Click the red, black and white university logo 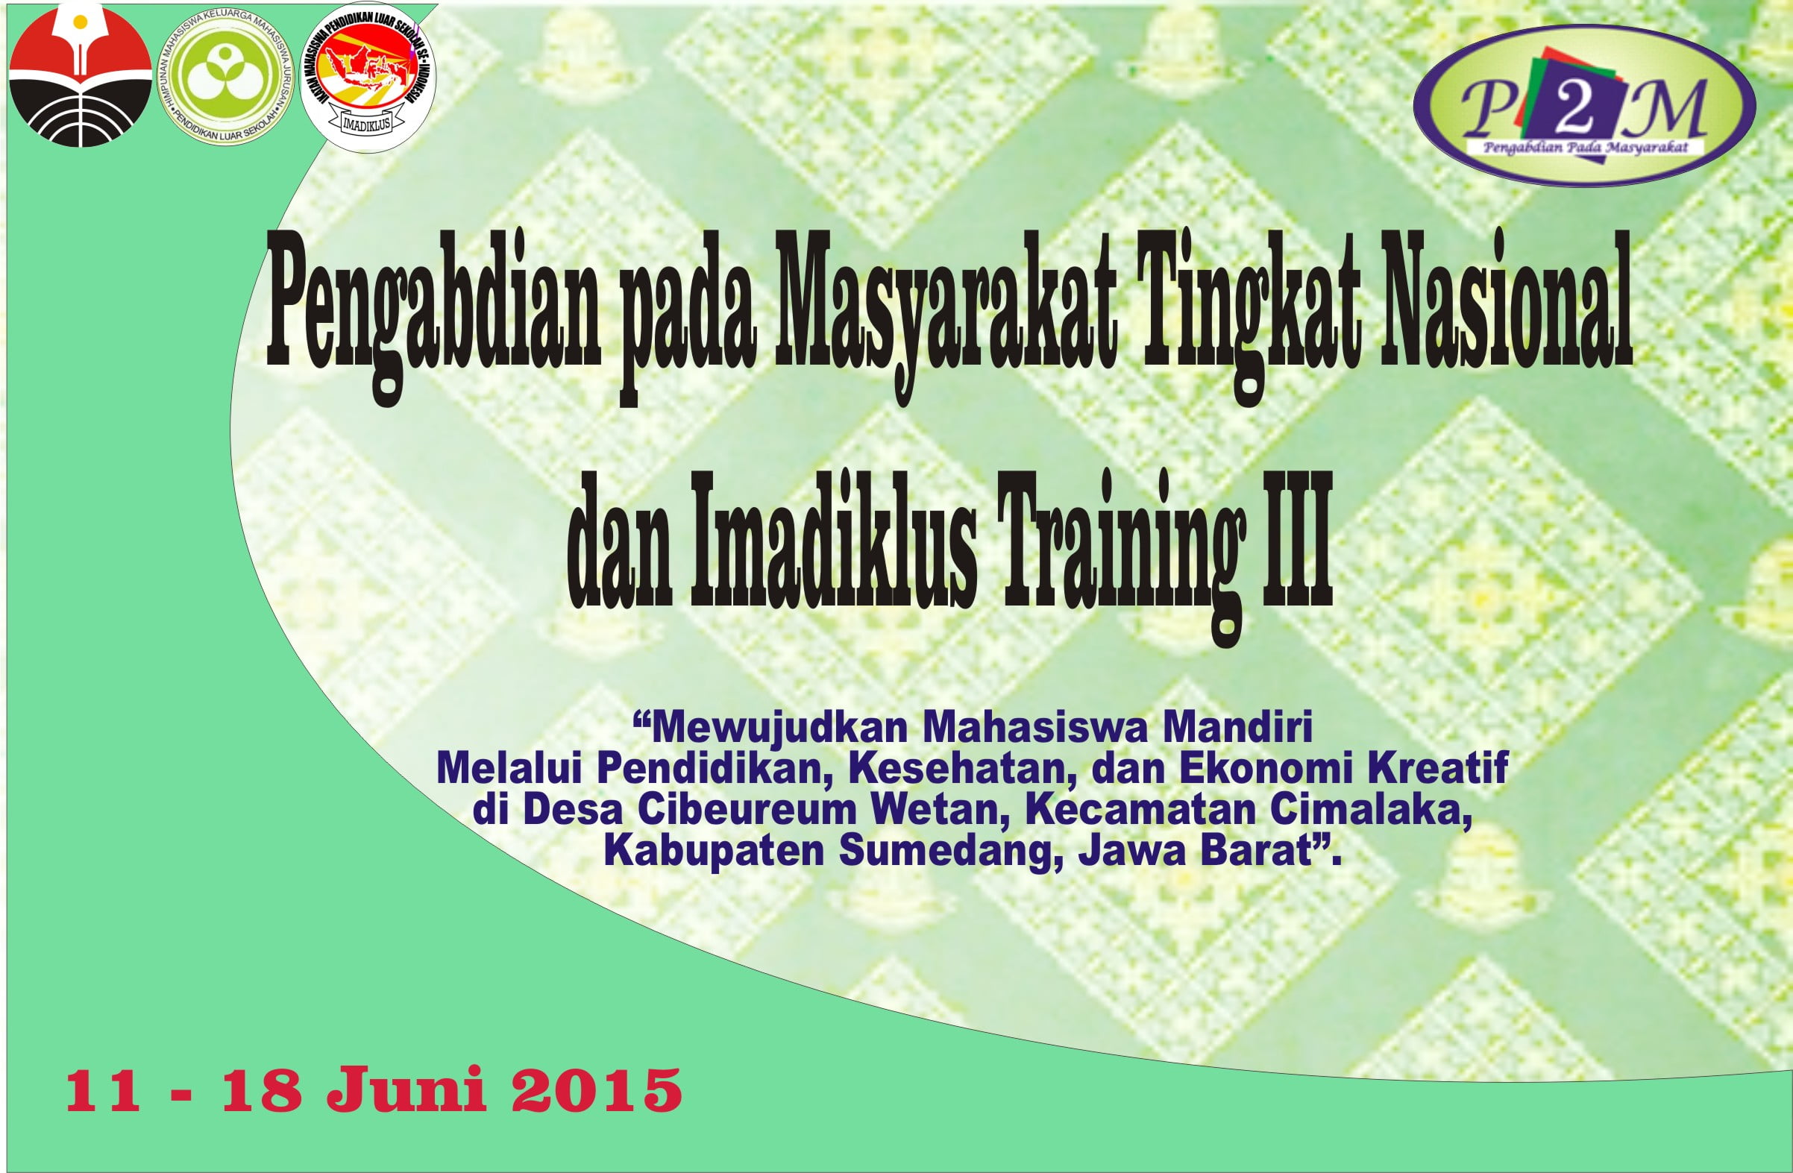(81, 75)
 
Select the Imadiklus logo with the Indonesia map (368, 78)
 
